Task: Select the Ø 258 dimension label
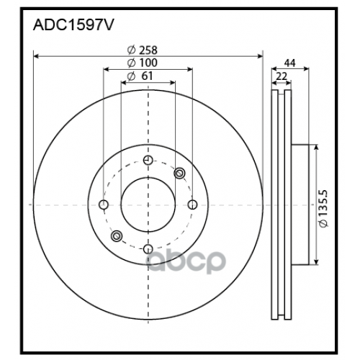coord(142,50)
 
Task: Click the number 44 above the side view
coord(290,63)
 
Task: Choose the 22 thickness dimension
coord(282,76)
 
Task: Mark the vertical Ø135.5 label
coord(325,210)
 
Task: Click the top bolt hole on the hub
coord(148,160)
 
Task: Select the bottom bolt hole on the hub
coord(148,250)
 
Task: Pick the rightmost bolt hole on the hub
coord(192,205)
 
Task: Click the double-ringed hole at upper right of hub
coord(179,173)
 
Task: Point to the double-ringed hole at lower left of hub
coord(116,237)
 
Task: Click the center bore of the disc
coord(148,205)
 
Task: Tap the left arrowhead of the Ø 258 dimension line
coord(36,56)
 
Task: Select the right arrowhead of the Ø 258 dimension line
coord(261,56)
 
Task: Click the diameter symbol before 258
coord(131,50)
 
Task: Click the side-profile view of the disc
coord(282,205)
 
